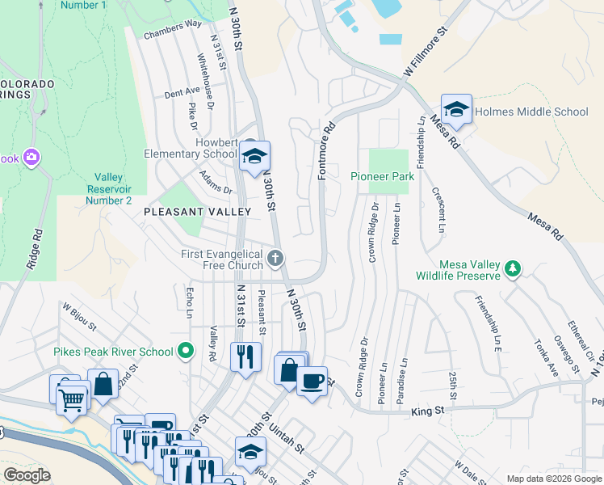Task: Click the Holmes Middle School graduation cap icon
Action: pos(456,110)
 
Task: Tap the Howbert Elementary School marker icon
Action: pos(254,156)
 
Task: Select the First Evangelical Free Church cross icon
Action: pos(275,259)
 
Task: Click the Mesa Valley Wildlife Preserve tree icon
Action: pos(511,268)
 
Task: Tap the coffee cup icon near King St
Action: pos(312,379)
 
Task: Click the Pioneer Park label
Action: pos(382,176)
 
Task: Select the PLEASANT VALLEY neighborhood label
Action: pos(198,212)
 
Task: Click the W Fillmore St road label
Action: pos(426,57)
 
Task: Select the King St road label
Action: pos(429,411)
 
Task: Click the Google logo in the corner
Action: pos(27,475)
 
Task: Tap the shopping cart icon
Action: pos(72,398)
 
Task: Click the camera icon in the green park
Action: pos(31,157)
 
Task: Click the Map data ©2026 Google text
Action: pos(552,479)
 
